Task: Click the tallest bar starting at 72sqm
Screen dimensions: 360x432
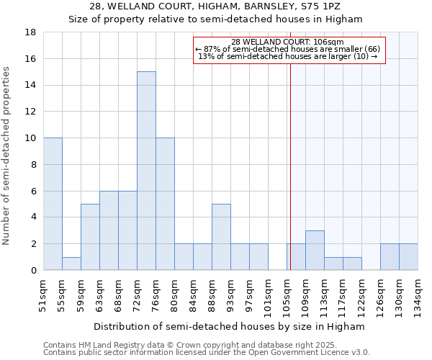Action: [146, 171]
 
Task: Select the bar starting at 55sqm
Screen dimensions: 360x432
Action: [71, 264]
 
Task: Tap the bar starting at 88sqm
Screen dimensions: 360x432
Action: [221, 237]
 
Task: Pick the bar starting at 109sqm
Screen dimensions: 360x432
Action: [315, 250]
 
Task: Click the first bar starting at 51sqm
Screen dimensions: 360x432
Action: [53, 204]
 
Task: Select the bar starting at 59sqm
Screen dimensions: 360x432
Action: [90, 237]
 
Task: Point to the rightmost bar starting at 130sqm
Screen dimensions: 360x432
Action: [408, 257]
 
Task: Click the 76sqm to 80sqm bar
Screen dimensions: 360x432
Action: [165, 204]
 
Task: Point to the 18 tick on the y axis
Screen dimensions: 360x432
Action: [32, 32]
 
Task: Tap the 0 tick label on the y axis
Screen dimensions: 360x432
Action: [34, 271]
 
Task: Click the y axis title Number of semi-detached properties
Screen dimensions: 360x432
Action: [7, 156]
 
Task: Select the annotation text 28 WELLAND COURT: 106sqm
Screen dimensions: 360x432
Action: [288, 42]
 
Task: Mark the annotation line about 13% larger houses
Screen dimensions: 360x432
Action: [288, 56]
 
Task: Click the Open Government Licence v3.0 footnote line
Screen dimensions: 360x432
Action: [207, 353]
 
